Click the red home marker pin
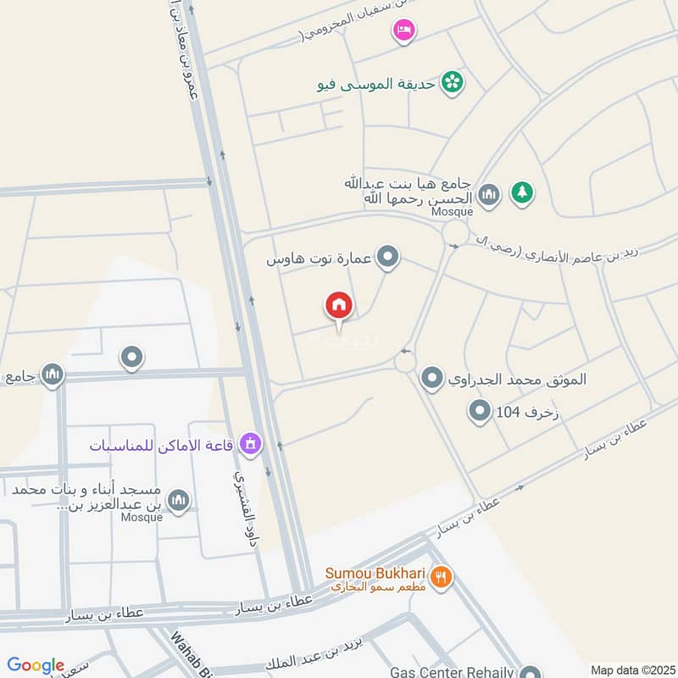click(x=339, y=307)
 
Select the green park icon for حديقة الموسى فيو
click(x=454, y=81)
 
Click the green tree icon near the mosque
click(x=522, y=193)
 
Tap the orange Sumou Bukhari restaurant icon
click(x=441, y=578)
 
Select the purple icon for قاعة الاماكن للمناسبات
click(x=249, y=442)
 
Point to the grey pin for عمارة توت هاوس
click(x=388, y=257)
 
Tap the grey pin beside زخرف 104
click(x=481, y=413)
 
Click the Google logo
click(x=36, y=665)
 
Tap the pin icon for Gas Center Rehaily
click(x=531, y=672)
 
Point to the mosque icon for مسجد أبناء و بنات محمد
click(x=178, y=501)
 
